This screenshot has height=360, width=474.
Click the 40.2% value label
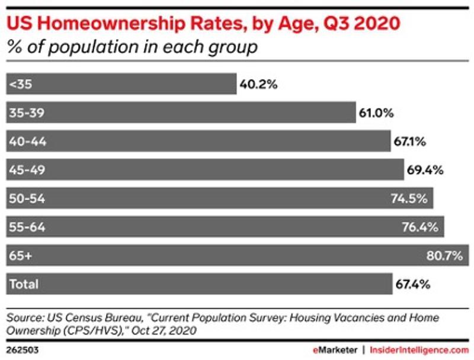pyautogui.click(x=258, y=84)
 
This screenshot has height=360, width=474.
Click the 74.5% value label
pyautogui.click(x=409, y=198)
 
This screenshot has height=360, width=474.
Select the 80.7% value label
pyautogui.click(x=444, y=255)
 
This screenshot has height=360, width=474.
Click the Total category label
pyautogui.click(x=24, y=284)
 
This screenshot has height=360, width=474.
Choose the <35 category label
pyautogui.click(x=21, y=84)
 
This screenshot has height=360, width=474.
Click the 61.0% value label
pyautogui.click(x=376, y=112)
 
